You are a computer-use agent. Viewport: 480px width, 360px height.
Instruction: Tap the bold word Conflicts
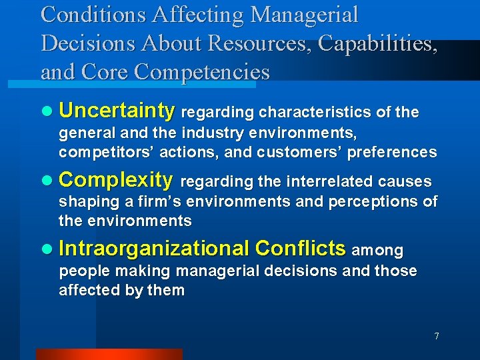(301, 249)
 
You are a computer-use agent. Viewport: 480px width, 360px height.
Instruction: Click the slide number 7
(437, 336)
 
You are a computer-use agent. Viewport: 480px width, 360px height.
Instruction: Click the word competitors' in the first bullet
(99, 152)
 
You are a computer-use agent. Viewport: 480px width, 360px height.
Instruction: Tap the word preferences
(393, 152)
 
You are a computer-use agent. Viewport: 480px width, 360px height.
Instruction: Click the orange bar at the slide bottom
(109, 354)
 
